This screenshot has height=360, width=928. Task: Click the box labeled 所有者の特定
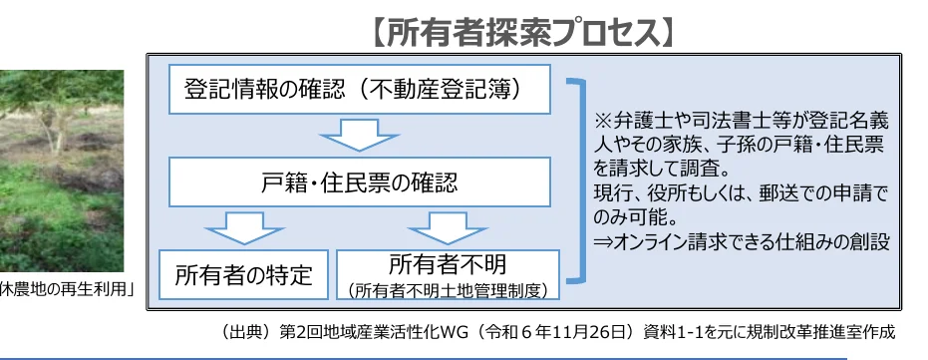click(243, 274)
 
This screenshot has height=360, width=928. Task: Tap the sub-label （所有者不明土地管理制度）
click(448, 290)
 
